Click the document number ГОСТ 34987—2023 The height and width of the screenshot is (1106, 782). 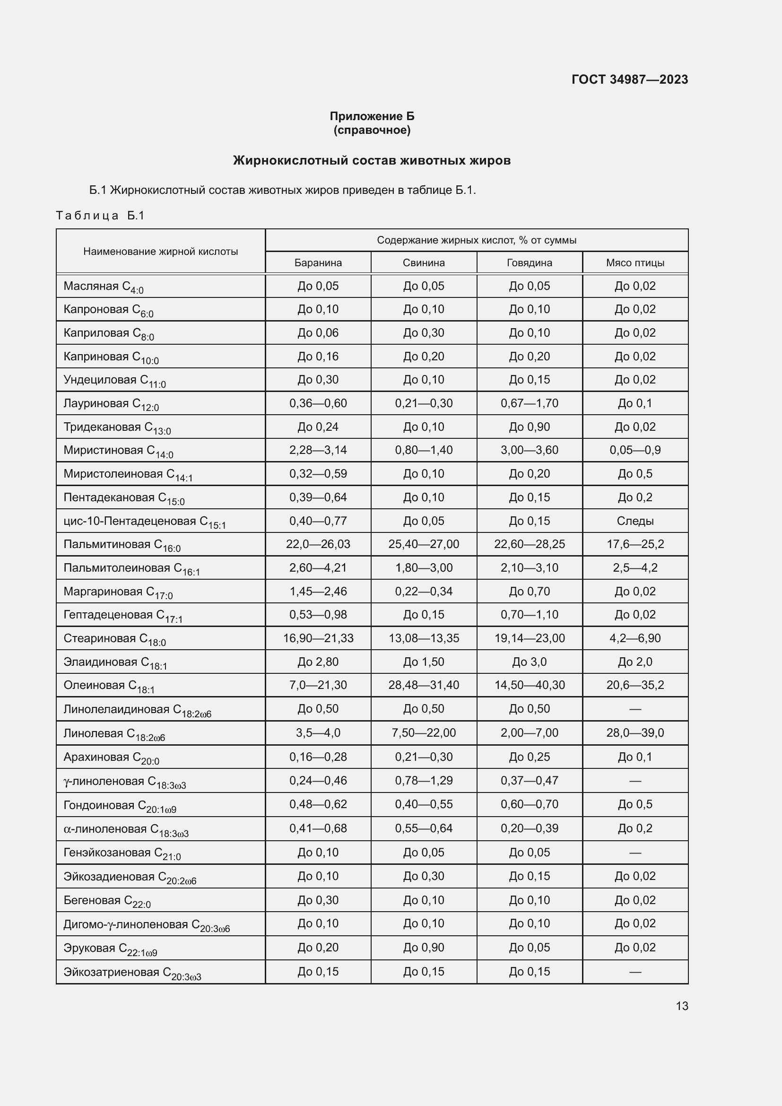click(629, 79)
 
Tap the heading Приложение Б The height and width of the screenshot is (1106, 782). click(372, 116)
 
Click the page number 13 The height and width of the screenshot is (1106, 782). click(682, 1006)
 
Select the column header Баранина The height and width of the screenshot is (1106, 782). click(318, 263)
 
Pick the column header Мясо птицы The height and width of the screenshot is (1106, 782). click(635, 263)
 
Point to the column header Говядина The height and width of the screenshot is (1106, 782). click(529, 263)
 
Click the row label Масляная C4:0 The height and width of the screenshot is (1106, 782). click(104, 287)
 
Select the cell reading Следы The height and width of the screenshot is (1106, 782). click(635, 521)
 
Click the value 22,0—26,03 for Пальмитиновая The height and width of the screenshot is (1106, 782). click(318, 544)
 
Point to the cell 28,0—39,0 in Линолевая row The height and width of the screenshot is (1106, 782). click(635, 732)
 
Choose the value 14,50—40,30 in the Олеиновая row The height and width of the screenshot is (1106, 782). click(529, 685)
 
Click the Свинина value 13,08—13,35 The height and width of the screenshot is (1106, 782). click(424, 638)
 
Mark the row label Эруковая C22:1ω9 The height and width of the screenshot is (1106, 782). click(110, 949)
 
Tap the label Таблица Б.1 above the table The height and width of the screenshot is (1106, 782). click(100, 215)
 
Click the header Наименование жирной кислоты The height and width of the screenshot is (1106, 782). click(160, 252)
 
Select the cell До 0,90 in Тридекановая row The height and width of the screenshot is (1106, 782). click(529, 427)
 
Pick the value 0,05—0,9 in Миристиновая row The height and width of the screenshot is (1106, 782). click(635, 451)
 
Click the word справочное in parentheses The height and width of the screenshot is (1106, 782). click(372, 130)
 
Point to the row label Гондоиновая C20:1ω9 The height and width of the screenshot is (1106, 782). click(120, 806)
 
